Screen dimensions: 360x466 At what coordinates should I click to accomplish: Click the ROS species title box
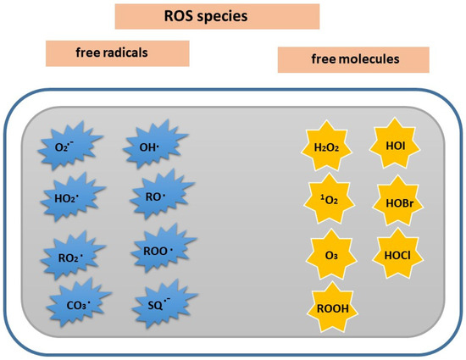tap(217, 16)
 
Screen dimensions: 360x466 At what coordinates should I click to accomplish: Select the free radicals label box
tap(117, 53)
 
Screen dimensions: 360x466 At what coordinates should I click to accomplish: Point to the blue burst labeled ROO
tap(153, 251)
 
